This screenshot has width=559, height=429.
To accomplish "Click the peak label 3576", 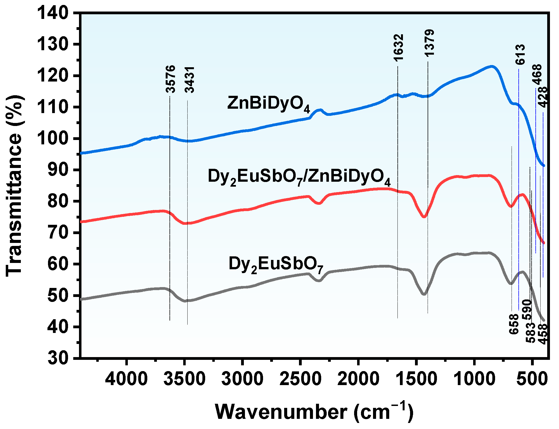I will (170, 79).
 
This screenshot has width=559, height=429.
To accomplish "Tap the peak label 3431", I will (190, 80).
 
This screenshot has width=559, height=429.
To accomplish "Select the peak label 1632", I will (398, 47).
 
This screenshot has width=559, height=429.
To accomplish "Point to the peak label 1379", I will (429, 43).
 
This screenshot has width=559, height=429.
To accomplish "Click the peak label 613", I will (520, 54).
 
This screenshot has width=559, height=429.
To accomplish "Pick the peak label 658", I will (514, 324).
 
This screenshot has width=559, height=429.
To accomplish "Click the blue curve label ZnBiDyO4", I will (269, 104).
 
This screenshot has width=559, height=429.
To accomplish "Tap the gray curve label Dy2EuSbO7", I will (276, 264).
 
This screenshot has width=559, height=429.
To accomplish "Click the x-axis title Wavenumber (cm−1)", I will (314, 412).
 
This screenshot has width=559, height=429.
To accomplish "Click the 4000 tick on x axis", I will (126, 379).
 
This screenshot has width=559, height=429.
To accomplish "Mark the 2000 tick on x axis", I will (358, 379).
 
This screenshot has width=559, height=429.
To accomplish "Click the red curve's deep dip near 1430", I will (424, 217).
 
